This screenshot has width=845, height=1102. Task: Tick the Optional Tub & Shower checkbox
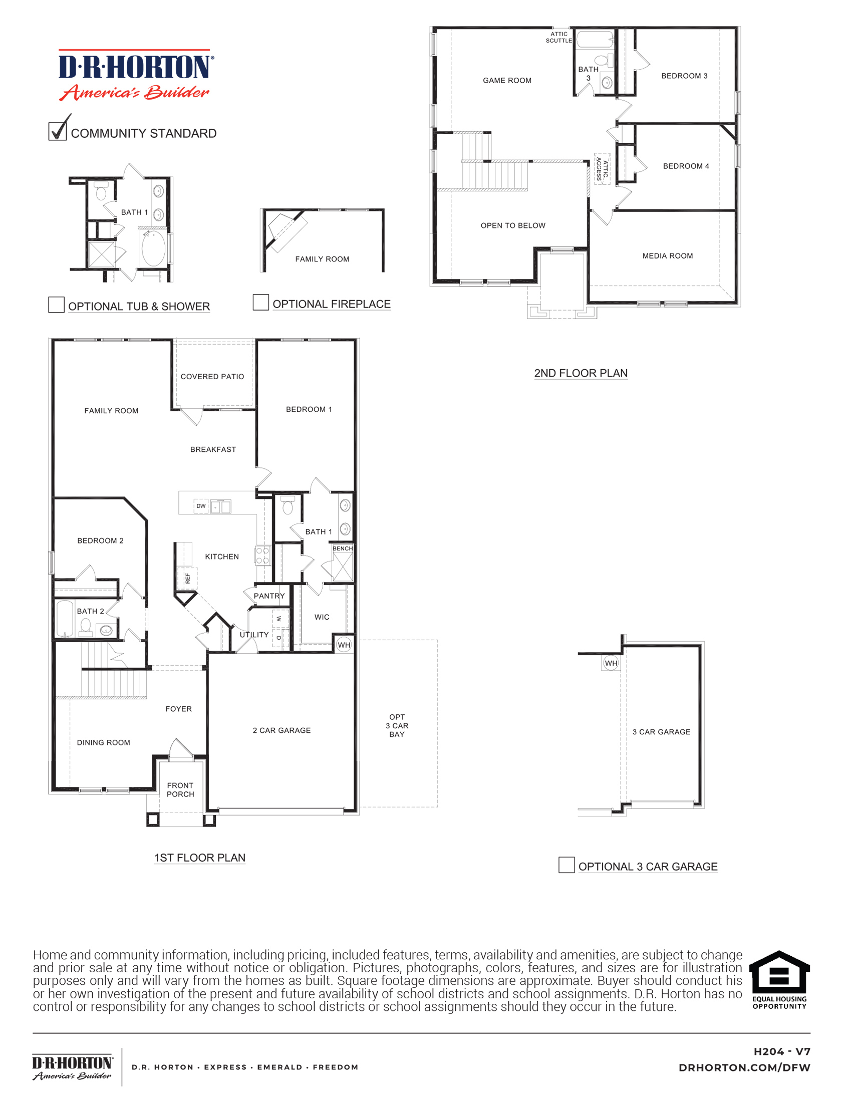tap(56, 305)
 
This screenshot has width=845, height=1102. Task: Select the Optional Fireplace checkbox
tap(260, 302)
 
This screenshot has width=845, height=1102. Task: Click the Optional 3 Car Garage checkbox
tap(567, 865)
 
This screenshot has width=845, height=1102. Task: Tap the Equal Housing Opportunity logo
tap(779, 979)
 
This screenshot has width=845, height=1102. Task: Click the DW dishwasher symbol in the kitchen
tap(201, 506)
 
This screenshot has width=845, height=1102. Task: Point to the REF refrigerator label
tap(188, 578)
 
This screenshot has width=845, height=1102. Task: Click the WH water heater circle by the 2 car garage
tap(344, 645)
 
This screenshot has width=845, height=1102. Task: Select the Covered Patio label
tap(212, 376)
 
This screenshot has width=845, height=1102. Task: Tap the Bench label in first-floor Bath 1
tap(343, 548)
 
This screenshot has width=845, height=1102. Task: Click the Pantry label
tap(269, 596)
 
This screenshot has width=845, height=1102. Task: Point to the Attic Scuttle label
tap(559, 37)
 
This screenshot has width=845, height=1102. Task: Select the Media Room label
tap(668, 255)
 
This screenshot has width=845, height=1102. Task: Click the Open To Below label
tap(512, 225)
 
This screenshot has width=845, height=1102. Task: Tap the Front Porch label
tap(180, 789)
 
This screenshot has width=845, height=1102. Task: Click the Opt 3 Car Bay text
tap(397, 725)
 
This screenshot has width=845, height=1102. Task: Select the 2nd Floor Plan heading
tap(581, 373)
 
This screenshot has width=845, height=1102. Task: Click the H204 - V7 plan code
tap(781, 1051)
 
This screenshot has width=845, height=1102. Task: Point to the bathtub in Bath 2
tap(65, 619)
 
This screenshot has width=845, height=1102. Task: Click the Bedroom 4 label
tap(686, 166)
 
